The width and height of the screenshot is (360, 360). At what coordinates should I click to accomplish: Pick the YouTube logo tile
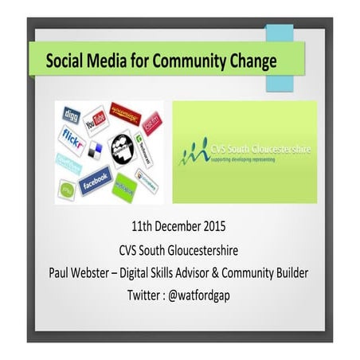pyautogui.click(x=96, y=119)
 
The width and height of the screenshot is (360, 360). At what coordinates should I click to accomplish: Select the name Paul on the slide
pyautogui.click(x=63, y=273)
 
